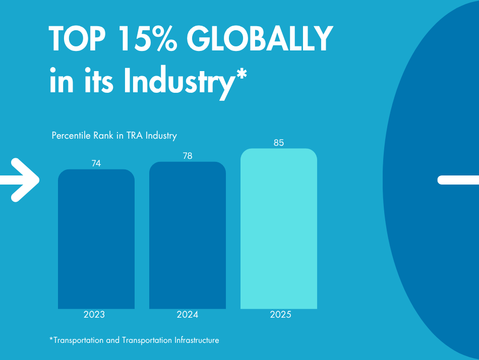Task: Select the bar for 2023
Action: coord(96,239)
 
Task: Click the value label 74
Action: coord(96,163)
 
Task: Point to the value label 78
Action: coord(188,156)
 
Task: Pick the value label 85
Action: coord(279,143)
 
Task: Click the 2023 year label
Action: coord(94,315)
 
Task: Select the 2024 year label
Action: coord(188,315)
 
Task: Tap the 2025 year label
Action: coord(280,315)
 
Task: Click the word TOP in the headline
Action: coord(78,39)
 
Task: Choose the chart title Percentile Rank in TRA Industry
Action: coord(114,136)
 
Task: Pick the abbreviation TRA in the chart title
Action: coord(135,136)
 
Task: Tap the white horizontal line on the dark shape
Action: coord(458,180)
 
